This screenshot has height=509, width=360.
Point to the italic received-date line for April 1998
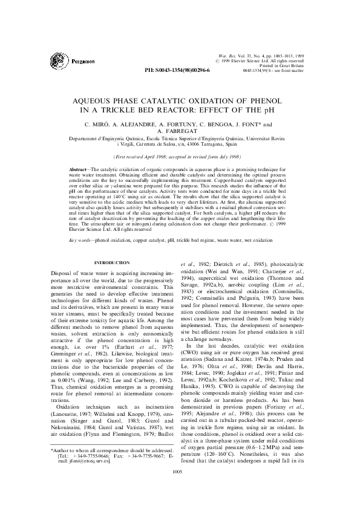click(x=179, y=156)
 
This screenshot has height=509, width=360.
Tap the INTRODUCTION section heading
click(x=113, y=262)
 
